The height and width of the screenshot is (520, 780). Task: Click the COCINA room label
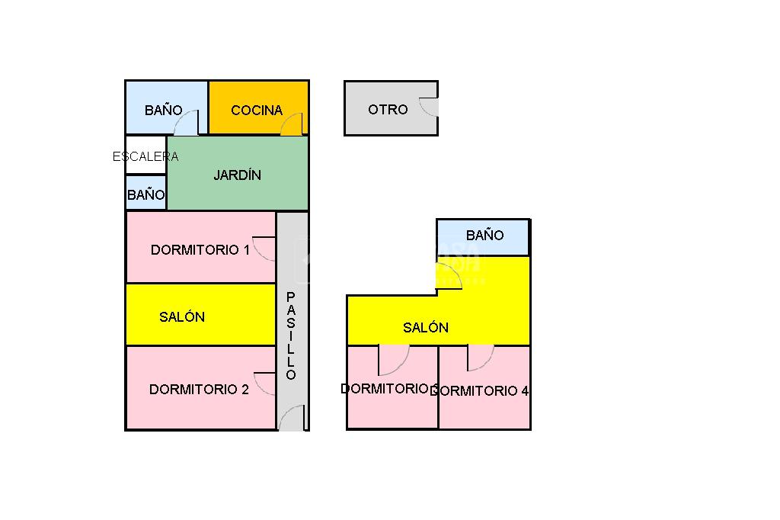[x=257, y=111]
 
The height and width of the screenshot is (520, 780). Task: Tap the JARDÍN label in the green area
[x=237, y=175]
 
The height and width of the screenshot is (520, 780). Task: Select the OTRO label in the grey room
[x=388, y=110]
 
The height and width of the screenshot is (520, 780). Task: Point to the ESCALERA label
[x=145, y=157]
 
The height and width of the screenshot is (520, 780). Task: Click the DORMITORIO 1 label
[x=200, y=250]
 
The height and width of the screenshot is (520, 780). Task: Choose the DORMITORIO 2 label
[x=199, y=390]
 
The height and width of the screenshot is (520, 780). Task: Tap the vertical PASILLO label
[x=291, y=335]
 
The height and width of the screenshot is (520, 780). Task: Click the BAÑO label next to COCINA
[x=164, y=111]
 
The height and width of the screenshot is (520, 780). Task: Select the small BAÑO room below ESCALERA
[x=146, y=195]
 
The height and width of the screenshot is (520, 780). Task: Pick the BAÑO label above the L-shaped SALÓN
[x=485, y=236]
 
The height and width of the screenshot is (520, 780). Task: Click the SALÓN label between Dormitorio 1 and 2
[x=182, y=317]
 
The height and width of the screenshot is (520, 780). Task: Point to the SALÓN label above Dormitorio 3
[x=426, y=328]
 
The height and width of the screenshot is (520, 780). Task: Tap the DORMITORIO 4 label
[x=481, y=391]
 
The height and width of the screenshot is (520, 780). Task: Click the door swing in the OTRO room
[x=429, y=108]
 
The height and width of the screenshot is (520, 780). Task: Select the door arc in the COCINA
[x=292, y=124]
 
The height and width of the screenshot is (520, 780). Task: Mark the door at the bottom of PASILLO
[x=292, y=419]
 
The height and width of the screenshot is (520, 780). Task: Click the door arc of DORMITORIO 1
[x=264, y=249]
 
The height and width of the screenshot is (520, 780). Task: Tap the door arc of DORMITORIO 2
[x=264, y=384]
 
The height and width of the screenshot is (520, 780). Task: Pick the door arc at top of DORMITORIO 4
[x=480, y=358]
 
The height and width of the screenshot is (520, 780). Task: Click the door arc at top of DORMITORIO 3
[x=393, y=360]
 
